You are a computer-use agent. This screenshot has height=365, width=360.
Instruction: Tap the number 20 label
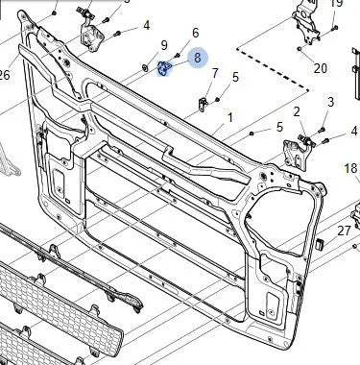(x=320, y=68)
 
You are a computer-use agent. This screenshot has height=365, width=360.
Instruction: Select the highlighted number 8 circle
(x=198, y=58)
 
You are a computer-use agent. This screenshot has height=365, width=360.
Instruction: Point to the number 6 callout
(x=196, y=34)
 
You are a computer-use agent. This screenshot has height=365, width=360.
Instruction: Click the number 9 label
(x=164, y=45)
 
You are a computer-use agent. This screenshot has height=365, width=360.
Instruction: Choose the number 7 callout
(x=214, y=74)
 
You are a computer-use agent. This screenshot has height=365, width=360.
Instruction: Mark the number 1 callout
(x=229, y=117)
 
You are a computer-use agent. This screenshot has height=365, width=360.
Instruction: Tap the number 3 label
(x=330, y=103)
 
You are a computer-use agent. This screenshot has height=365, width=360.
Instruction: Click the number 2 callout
(x=298, y=112)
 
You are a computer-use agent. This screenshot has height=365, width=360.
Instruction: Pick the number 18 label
(x=350, y=169)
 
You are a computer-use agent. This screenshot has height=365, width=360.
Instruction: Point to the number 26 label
(x=4, y=76)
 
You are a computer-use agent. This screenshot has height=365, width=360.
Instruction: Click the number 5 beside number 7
(x=235, y=77)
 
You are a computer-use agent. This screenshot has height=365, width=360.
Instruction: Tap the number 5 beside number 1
(x=279, y=127)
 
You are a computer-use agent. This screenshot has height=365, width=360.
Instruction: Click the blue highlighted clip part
(x=163, y=68)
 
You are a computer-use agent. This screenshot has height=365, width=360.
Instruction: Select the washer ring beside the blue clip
(x=145, y=67)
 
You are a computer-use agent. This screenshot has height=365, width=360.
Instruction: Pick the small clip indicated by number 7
(x=204, y=101)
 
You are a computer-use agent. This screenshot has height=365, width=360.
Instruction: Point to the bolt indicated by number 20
(x=300, y=47)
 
